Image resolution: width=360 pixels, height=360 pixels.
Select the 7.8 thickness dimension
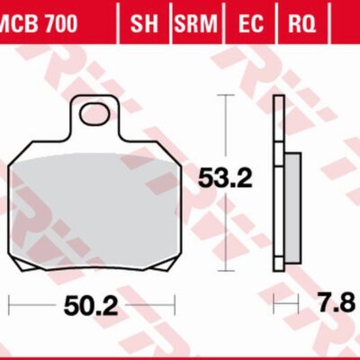(337, 306)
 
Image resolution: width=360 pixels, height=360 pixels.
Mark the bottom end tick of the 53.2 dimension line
(222, 267)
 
